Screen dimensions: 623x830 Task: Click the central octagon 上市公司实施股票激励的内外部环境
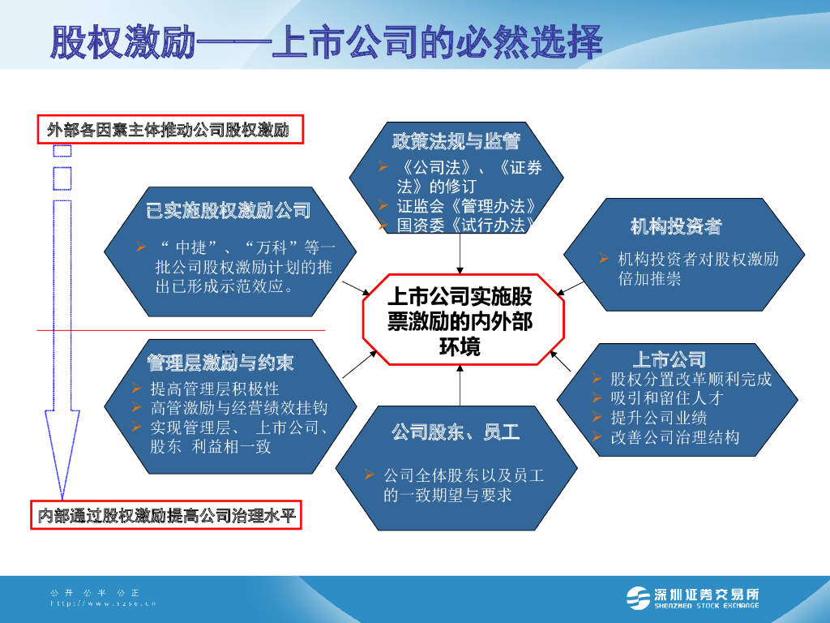tap(460, 320)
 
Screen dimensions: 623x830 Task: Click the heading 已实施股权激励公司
tap(229, 211)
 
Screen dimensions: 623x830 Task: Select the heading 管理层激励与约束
tap(220, 362)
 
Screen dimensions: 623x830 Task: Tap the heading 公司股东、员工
tap(456, 432)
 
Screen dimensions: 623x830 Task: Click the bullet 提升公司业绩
tap(658, 418)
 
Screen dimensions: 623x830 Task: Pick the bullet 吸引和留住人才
tap(666, 398)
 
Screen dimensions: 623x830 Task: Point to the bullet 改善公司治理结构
tap(674, 437)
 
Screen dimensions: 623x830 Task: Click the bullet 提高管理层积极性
tap(215, 389)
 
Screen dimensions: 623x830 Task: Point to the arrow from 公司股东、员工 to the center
tap(460, 385)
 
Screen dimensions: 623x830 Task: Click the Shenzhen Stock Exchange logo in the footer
tap(694, 597)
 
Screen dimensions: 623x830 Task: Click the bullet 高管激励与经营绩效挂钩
tap(238, 408)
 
